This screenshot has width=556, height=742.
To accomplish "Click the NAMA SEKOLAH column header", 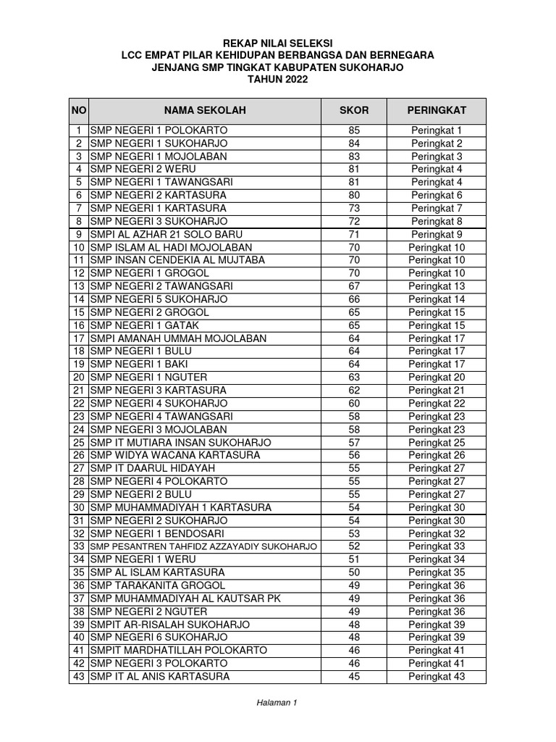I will pos(205,110).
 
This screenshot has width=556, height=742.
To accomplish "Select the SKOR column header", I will pos(354,110).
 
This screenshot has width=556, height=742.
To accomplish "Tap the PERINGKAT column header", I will pos(437,110).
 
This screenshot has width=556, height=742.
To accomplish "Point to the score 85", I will pos(354,130).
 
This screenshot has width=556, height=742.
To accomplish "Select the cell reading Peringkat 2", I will pos(437,143).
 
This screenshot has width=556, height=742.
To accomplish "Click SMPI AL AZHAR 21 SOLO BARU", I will pos(166,234).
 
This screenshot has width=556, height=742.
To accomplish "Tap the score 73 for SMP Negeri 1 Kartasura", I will pos(354,208).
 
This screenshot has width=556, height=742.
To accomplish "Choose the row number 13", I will pos(79,286).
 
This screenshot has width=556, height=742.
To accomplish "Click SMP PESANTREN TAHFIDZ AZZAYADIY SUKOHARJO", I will pos(203,546).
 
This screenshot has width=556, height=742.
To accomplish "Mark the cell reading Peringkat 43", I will pos(437,676).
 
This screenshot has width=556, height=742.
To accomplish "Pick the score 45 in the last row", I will pos(354,676).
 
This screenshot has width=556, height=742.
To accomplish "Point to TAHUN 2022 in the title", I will pos(278,80).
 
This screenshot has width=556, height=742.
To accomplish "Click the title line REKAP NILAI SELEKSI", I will pos(278,43).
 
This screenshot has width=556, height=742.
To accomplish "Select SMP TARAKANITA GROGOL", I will pos(158,585).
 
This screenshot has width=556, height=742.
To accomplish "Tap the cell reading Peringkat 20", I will pos(437,377).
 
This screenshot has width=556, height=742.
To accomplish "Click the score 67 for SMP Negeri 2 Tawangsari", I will pos(354,286).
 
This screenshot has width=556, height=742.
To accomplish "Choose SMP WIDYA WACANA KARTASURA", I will pos(174,455).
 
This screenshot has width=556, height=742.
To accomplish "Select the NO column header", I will pos(79,110).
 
